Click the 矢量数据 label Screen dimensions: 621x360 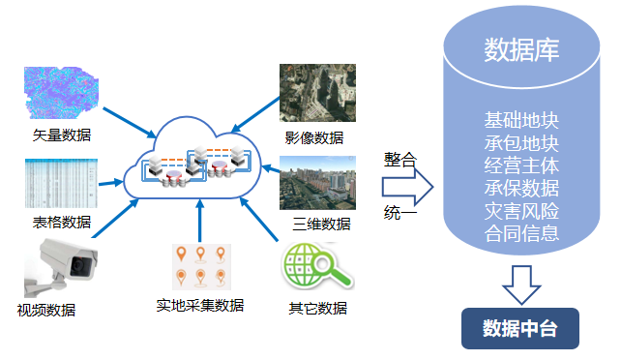pos(62,135)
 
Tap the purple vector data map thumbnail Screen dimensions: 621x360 pos(61,92)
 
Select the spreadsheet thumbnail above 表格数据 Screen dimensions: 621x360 pos(61,183)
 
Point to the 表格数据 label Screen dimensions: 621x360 pos(62,223)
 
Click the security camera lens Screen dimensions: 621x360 pos(80,265)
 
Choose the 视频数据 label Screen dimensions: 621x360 pos(46,310)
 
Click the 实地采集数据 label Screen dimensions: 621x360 pos(200,306)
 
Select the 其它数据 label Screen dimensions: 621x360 pos(318,308)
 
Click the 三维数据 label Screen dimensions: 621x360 pos(321,225)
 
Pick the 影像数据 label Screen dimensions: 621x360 pos(314,137)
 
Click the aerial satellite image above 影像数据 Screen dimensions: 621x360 pos(317,93)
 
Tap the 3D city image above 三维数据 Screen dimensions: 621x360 pos(317,183)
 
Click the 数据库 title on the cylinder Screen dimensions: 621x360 pos(521,50)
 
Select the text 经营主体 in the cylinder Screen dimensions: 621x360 pos(521,165)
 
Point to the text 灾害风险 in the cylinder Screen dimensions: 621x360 pos(521,211)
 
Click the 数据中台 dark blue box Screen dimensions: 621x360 pos(520,328)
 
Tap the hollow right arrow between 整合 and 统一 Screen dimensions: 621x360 pos(408,187)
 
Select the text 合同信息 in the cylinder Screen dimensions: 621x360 pos(521,233)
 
